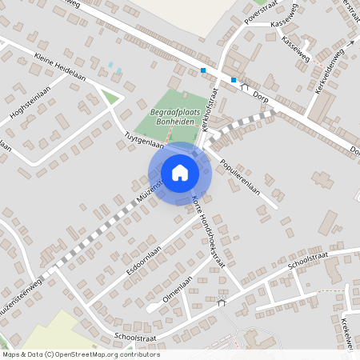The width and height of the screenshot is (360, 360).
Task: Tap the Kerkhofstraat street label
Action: pyautogui.click(x=209, y=113)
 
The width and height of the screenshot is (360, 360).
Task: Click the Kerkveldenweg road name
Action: pyautogui.click(x=330, y=71)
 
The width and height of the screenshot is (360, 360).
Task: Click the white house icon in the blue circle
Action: pyautogui.click(x=180, y=173)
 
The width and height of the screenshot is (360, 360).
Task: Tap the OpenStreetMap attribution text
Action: pyautogui.click(x=80, y=354)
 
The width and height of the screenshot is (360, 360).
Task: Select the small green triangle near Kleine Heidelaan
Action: pyautogui.click(x=112, y=98)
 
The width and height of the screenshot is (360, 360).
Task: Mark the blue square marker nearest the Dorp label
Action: pyautogui.click(x=234, y=79)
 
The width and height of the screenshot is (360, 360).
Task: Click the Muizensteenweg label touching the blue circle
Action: pyautogui.click(x=148, y=191)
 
